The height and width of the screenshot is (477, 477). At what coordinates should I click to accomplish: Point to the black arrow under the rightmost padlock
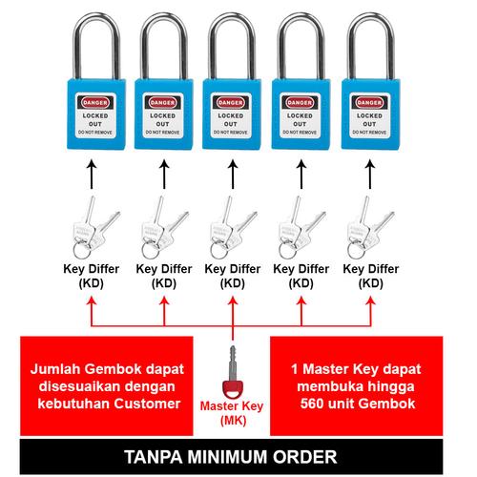(366, 176)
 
